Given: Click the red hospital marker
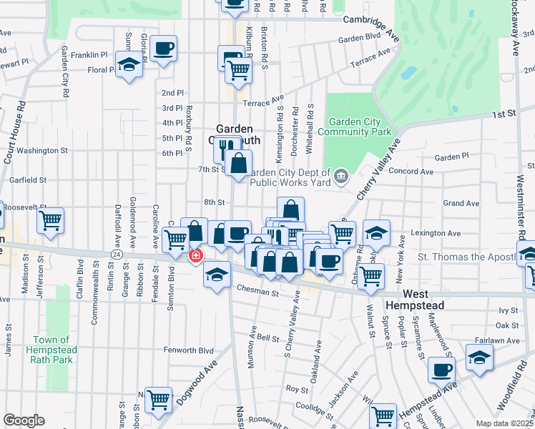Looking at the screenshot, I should pos(195,255).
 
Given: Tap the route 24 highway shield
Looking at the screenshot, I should pos(115,254).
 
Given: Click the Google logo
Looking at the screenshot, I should pos(24,420).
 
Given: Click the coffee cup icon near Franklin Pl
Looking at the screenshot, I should pos(164,49).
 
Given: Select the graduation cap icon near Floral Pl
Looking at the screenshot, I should pos(129,65).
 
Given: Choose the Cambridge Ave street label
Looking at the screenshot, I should pos(370,20).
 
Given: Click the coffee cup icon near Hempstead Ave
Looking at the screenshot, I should pos(441,370).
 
